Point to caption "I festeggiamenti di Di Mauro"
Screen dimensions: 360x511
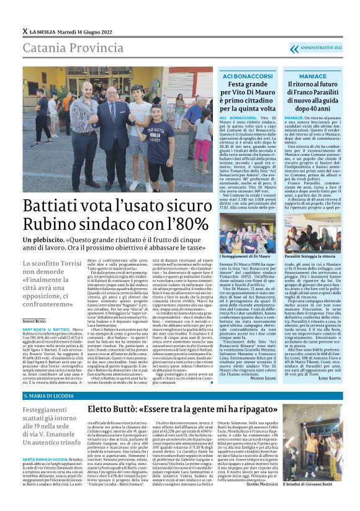pos(247,256)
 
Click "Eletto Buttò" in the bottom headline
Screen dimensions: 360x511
pos(118,410)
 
